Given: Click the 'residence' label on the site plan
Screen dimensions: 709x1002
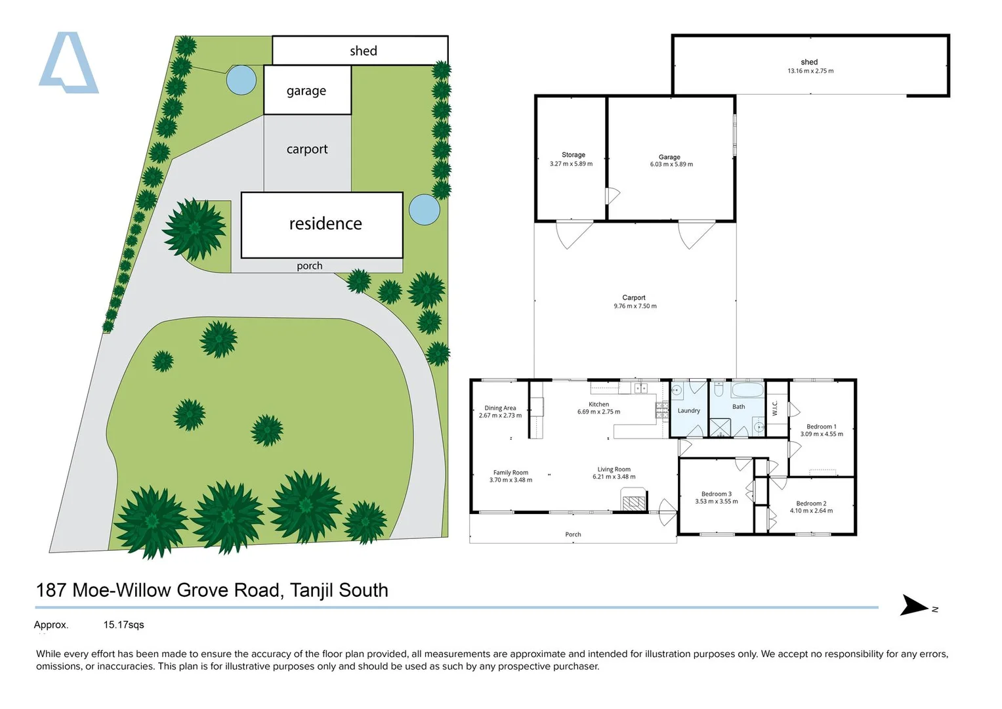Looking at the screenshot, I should tap(325, 224).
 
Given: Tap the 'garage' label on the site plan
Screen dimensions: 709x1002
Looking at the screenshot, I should tap(306, 91).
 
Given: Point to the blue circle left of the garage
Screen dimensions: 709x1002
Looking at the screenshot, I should tap(241, 80).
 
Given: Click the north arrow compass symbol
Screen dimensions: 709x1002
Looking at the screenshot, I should tap(915, 605).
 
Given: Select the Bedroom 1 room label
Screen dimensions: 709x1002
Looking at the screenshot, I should tap(821, 427).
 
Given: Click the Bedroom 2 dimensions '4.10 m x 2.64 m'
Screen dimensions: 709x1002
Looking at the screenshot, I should tap(811, 511).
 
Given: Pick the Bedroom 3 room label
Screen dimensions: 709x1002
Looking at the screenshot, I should tap(716, 494).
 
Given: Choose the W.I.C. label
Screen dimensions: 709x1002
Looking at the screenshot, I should tap(775, 408).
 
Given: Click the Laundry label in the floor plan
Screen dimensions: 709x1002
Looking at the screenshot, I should tap(688, 411).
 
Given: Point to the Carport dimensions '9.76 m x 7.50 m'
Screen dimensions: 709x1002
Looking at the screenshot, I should tap(635, 306).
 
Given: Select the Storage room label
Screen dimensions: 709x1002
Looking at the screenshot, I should tap(573, 155).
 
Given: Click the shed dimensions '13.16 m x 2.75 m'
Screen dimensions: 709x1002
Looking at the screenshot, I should tap(810, 71).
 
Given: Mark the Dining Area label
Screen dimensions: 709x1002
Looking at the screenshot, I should tap(500, 408).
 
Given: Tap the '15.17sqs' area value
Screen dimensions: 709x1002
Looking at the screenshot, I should tap(123, 625).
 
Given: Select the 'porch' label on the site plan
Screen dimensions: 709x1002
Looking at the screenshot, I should tap(309, 266).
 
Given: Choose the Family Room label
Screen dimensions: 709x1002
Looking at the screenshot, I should tap(511, 472).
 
